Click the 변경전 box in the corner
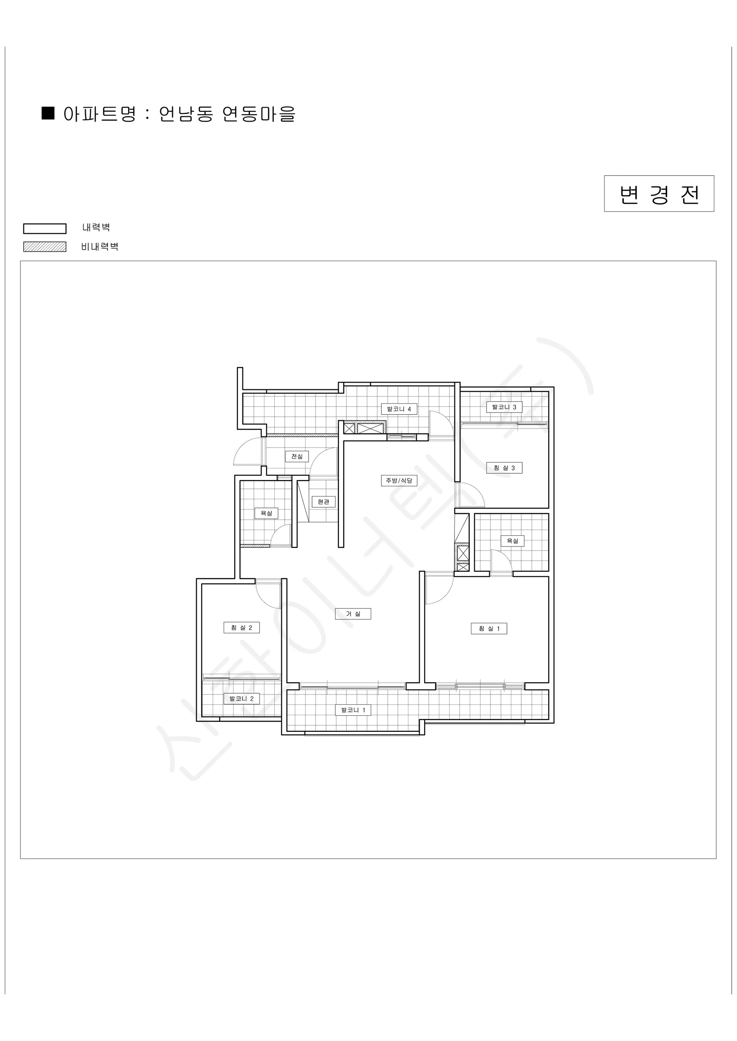pos(659,193)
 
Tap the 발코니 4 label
pos(399,409)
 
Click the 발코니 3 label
pos(504,407)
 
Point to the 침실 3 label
pos(504,468)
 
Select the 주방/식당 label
pos(399,480)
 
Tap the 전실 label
pos(297,456)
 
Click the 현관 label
pos(323,502)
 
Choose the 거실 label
pos(353,614)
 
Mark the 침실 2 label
pos(241,628)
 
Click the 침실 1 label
pos(489,629)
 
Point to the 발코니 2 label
pos(241,699)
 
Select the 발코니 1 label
pos(353,710)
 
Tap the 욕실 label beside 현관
pos(267,513)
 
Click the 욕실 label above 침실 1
pos(512,541)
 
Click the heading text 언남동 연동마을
pos(227,114)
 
